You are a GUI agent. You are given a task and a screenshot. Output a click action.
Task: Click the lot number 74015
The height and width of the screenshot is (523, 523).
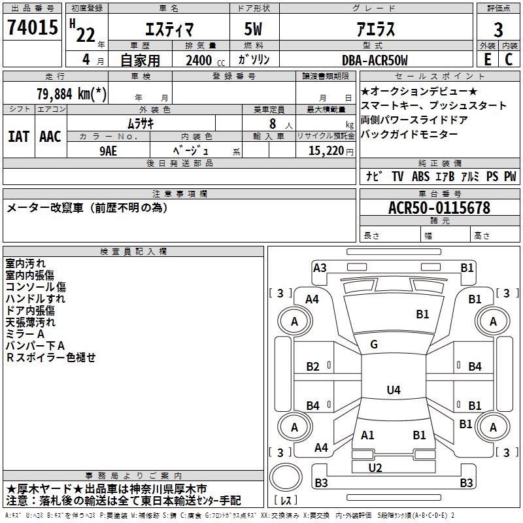pos(33,27)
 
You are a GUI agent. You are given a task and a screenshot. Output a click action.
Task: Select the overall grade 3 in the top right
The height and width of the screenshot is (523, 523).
pos(498,30)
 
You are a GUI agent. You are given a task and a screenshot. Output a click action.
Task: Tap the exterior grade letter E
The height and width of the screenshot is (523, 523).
pos(487,59)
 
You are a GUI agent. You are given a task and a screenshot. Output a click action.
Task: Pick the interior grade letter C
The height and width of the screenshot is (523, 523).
pos(509,59)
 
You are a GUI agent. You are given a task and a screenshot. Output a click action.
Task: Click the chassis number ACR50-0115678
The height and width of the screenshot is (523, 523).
pos(439,208)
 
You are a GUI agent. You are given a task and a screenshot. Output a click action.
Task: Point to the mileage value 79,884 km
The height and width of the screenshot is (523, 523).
pos(72,93)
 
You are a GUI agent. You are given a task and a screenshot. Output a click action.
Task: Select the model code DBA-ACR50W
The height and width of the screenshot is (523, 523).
pos(375,60)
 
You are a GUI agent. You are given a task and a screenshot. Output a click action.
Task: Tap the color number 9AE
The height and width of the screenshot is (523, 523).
pos(109,151)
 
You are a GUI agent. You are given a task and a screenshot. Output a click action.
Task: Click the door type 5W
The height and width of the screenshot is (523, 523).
pos(253,29)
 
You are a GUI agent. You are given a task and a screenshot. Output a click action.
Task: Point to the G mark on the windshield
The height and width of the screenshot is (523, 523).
pos(374,345)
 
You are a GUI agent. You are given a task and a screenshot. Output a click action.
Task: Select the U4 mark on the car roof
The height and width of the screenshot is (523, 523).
pos(394,390)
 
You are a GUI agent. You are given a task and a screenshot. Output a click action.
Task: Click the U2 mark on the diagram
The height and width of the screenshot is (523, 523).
pos(375,468)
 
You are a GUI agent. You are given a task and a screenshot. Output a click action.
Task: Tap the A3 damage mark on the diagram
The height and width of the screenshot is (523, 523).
pos(320,268)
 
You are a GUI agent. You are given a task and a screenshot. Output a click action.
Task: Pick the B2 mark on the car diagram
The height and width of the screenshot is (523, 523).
pos(313,367)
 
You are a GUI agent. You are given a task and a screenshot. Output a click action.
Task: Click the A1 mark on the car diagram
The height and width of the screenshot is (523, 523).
pos(367,435)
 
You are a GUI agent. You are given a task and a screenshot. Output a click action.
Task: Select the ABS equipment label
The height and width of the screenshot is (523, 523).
pos(420,176)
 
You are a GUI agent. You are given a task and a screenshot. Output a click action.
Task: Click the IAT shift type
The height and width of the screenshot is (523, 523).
pos(18,137)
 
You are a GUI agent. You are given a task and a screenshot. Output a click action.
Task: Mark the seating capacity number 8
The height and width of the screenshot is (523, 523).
pos(273,124)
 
